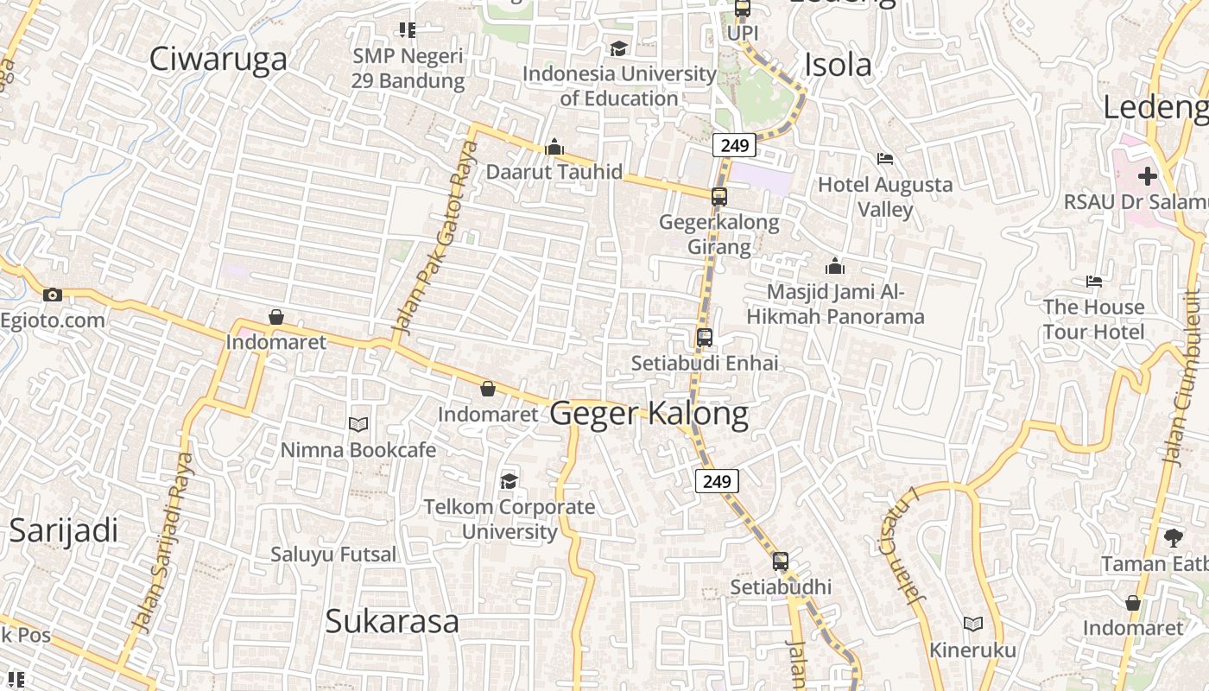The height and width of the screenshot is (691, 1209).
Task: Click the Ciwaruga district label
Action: [x=218, y=59]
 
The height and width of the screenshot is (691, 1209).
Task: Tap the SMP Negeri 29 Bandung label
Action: [x=408, y=68]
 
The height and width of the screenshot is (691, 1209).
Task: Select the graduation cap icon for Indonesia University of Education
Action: [x=618, y=48]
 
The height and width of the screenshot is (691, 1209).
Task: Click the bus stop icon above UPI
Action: [x=742, y=10]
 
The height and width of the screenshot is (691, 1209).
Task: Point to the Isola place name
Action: [x=838, y=65]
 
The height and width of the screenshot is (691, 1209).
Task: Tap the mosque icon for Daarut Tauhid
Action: [x=554, y=148]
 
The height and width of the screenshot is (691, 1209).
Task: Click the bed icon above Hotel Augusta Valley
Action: [x=885, y=159]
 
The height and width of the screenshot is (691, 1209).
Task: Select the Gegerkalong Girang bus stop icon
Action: [x=719, y=197]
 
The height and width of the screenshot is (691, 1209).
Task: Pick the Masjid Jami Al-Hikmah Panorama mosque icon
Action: [x=834, y=266]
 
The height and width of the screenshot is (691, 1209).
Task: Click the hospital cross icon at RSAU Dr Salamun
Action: [x=1147, y=177]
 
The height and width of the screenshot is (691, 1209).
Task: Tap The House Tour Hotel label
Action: [x=1093, y=319]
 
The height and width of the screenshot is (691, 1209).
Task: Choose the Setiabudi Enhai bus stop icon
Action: [x=705, y=338]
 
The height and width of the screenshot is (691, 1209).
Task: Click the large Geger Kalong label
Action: [x=649, y=414]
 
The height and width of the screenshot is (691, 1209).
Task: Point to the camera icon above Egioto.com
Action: [x=53, y=295]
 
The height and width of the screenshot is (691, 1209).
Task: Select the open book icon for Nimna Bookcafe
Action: [x=358, y=424]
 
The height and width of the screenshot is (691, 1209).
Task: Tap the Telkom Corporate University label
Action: [x=510, y=519]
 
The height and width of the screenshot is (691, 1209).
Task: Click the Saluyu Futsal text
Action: [x=333, y=554]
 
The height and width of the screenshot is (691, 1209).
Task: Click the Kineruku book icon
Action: [x=973, y=624]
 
